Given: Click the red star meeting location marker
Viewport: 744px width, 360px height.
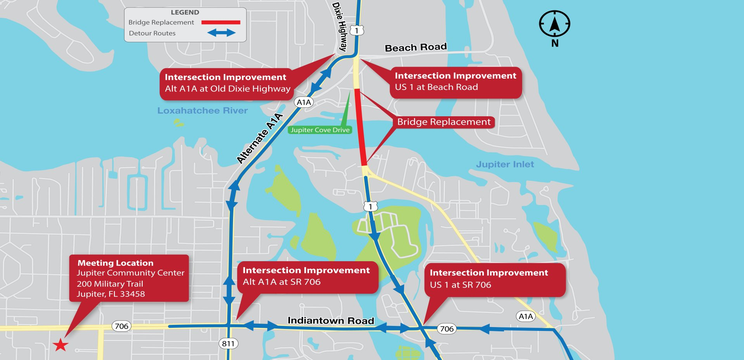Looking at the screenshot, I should pos(60,344).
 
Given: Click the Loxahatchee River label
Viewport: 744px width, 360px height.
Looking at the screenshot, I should pos(202,111).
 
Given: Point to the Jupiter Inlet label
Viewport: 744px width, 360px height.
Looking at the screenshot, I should pos(505,164).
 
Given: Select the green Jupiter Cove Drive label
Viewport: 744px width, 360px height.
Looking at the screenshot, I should pos(320,130).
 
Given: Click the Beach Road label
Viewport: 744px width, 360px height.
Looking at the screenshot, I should pos(416,48).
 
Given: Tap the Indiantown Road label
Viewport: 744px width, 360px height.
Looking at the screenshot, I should pos(331,320).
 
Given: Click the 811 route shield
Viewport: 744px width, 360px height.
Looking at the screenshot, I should pos(228,343).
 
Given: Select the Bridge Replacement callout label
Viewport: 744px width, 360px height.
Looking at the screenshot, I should pos(444,122).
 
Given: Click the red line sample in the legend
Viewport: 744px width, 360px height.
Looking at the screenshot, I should pos(221,22).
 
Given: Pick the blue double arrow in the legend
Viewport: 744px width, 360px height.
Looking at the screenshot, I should pos(221,33).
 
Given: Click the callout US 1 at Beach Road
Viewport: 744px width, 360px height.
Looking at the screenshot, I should pos(456,82).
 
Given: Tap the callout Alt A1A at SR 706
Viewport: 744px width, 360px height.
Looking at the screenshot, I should pos(306,276).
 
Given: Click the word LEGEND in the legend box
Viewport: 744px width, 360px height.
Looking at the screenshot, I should pos(185,12).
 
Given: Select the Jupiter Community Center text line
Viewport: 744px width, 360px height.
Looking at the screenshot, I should pos(130,273).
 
